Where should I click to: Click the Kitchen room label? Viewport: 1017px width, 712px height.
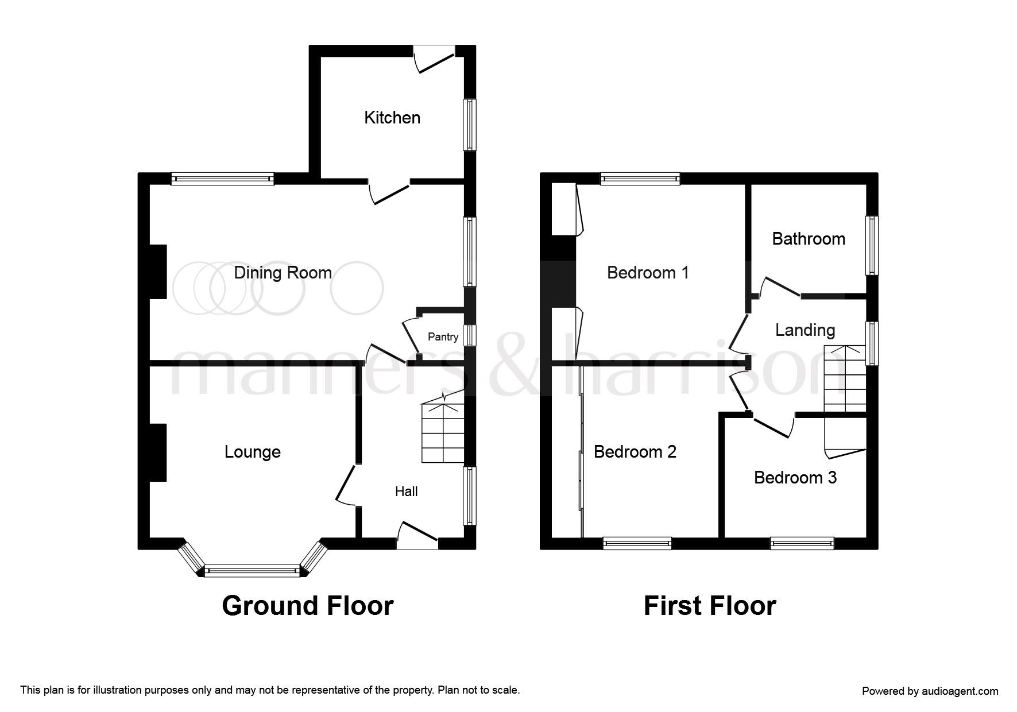click(x=392, y=118)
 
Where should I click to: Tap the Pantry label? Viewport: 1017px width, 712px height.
click(x=443, y=337)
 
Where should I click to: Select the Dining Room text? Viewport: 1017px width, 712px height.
click(x=283, y=273)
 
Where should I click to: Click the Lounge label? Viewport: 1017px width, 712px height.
click(x=252, y=452)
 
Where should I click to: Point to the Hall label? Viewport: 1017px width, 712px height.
click(x=406, y=492)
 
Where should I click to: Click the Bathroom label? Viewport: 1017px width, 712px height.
click(x=808, y=239)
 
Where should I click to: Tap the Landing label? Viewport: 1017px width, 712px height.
click(x=805, y=330)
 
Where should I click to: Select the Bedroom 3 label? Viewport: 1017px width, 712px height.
click(x=795, y=478)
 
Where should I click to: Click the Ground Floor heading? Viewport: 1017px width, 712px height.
click(x=307, y=606)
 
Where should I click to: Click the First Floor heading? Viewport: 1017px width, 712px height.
click(x=709, y=606)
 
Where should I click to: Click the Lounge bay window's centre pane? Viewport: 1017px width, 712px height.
click(x=252, y=571)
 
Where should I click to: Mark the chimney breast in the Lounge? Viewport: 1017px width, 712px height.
click(x=158, y=452)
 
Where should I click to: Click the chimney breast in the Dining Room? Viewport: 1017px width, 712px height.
click(x=158, y=272)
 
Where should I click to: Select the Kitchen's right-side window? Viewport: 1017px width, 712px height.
click(x=470, y=125)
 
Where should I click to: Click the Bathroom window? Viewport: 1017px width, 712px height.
click(x=872, y=246)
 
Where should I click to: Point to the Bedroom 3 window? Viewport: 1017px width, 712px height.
click(x=802, y=543)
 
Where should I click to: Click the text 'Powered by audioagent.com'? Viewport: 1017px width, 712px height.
click(x=930, y=691)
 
